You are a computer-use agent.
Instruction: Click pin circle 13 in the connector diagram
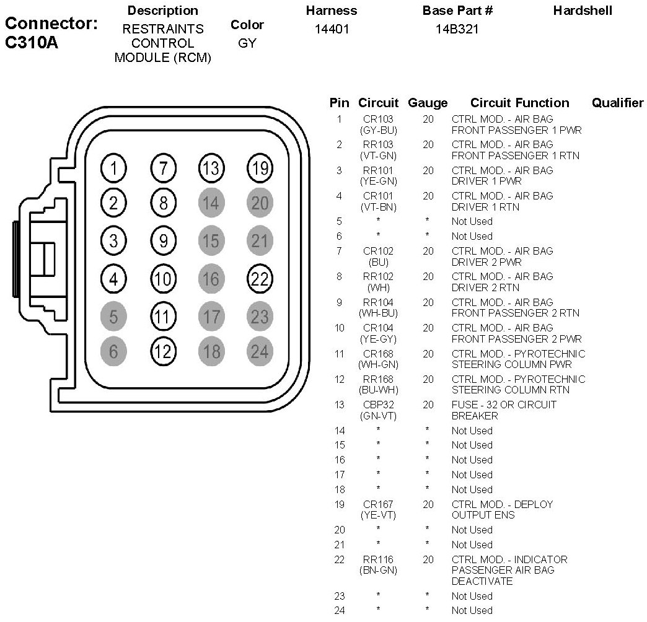click(x=211, y=168)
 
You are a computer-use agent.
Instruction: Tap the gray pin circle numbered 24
click(x=260, y=351)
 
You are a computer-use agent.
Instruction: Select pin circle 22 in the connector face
click(x=260, y=279)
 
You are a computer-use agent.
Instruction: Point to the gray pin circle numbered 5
click(x=113, y=317)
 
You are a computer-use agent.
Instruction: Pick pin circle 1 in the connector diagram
click(x=113, y=168)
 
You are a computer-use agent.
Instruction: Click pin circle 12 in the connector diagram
click(x=163, y=351)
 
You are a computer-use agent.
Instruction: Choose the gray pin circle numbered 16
click(x=211, y=279)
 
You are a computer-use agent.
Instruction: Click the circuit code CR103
click(x=378, y=119)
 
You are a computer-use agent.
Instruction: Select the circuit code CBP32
click(x=378, y=405)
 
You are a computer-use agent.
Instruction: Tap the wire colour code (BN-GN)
click(x=378, y=571)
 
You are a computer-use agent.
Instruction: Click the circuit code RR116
click(x=378, y=560)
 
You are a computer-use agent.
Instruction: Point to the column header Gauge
click(x=428, y=103)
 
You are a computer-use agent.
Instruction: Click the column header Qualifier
click(x=617, y=103)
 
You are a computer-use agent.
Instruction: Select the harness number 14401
click(x=332, y=29)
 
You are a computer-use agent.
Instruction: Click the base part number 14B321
click(x=457, y=29)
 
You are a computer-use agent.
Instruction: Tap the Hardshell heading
click(x=583, y=11)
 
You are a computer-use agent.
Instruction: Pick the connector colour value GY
click(x=247, y=44)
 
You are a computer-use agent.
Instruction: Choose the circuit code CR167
click(x=378, y=505)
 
